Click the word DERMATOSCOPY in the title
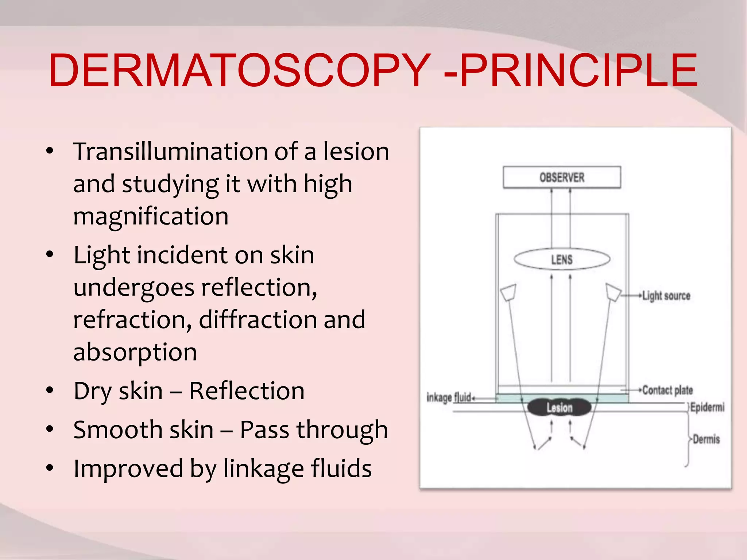pyautogui.click(x=239, y=70)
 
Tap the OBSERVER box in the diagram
pyautogui.click(x=562, y=178)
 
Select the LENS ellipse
pyautogui.click(x=562, y=259)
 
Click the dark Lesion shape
pyautogui.click(x=559, y=407)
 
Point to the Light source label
pyautogui.click(x=666, y=296)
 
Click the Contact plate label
pyautogui.click(x=667, y=390)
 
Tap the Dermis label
pyautogui.click(x=706, y=439)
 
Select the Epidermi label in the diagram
pyautogui.click(x=707, y=407)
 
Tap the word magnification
pyautogui.click(x=151, y=217)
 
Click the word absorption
pyautogui.click(x=135, y=352)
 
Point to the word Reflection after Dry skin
pyautogui.click(x=247, y=391)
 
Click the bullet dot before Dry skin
pyautogui.click(x=50, y=390)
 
